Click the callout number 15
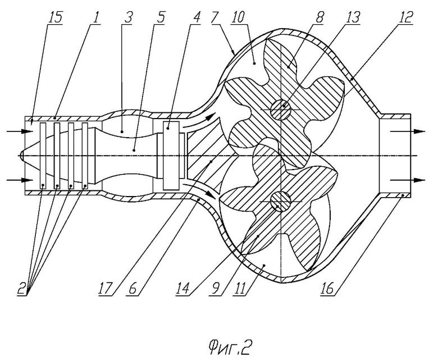click(56, 18)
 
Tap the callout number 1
click(96, 18)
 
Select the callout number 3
click(128, 18)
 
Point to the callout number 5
click(160, 18)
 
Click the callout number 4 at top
click(196, 18)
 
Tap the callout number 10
click(238, 18)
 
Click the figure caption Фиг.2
click(230, 348)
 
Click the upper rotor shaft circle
click(281, 110)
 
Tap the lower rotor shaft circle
click(281, 202)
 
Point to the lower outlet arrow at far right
click(408, 180)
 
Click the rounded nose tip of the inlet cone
click(20, 156)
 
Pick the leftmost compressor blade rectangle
click(43, 156)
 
